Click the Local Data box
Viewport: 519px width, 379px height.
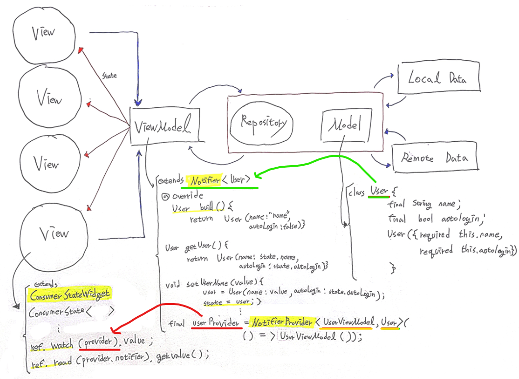click(x=438, y=78)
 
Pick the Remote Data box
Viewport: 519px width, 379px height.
click(x=434, y=158)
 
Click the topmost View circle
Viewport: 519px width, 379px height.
click(x=44, y=34)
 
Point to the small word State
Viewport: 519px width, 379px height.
click(x=109, y=76)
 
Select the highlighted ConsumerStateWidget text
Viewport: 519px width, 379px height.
click(x=70, y=295)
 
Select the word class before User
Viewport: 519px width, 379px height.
click(x=357, y=192)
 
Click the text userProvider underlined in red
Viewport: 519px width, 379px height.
click(x=216, y=323)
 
